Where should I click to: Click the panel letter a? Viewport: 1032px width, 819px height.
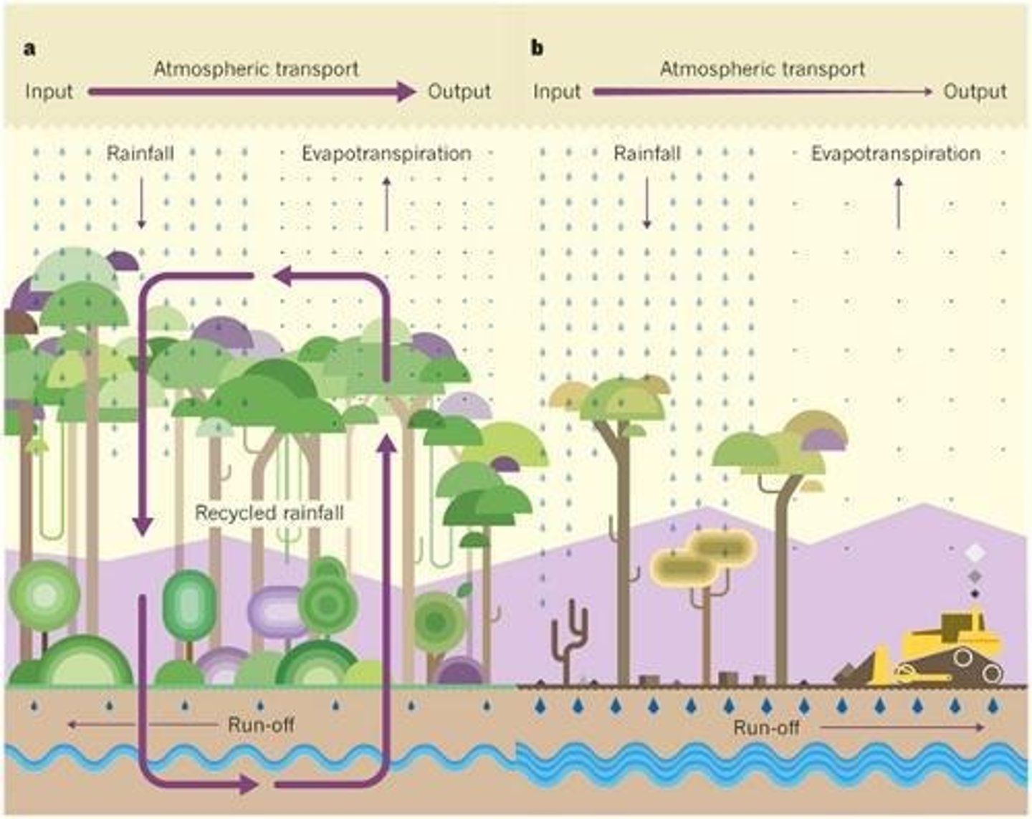point(30,49)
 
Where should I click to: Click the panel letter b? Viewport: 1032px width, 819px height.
point(537,49)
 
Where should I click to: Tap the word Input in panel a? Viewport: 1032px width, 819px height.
point(49,92)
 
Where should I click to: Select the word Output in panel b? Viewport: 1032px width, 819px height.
point(975,92)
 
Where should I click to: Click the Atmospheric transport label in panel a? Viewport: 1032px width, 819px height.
point(256,69)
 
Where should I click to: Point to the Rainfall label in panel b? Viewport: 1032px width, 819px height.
point(646,153)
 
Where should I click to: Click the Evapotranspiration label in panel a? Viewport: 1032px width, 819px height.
point(386,153)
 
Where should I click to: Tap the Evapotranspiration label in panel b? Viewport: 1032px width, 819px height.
point(895,153)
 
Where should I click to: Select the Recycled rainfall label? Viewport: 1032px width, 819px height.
point(269,513)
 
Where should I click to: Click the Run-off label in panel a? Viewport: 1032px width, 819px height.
point(261,724)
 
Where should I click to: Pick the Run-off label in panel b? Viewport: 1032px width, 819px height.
point(766,728)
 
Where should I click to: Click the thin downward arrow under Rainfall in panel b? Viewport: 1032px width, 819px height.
point(646,202)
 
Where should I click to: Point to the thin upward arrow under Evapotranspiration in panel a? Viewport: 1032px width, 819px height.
point(387,204)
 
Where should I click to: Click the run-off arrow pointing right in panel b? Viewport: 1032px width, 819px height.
point(903,728)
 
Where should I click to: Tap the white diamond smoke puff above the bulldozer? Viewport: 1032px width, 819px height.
point(975,553)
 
